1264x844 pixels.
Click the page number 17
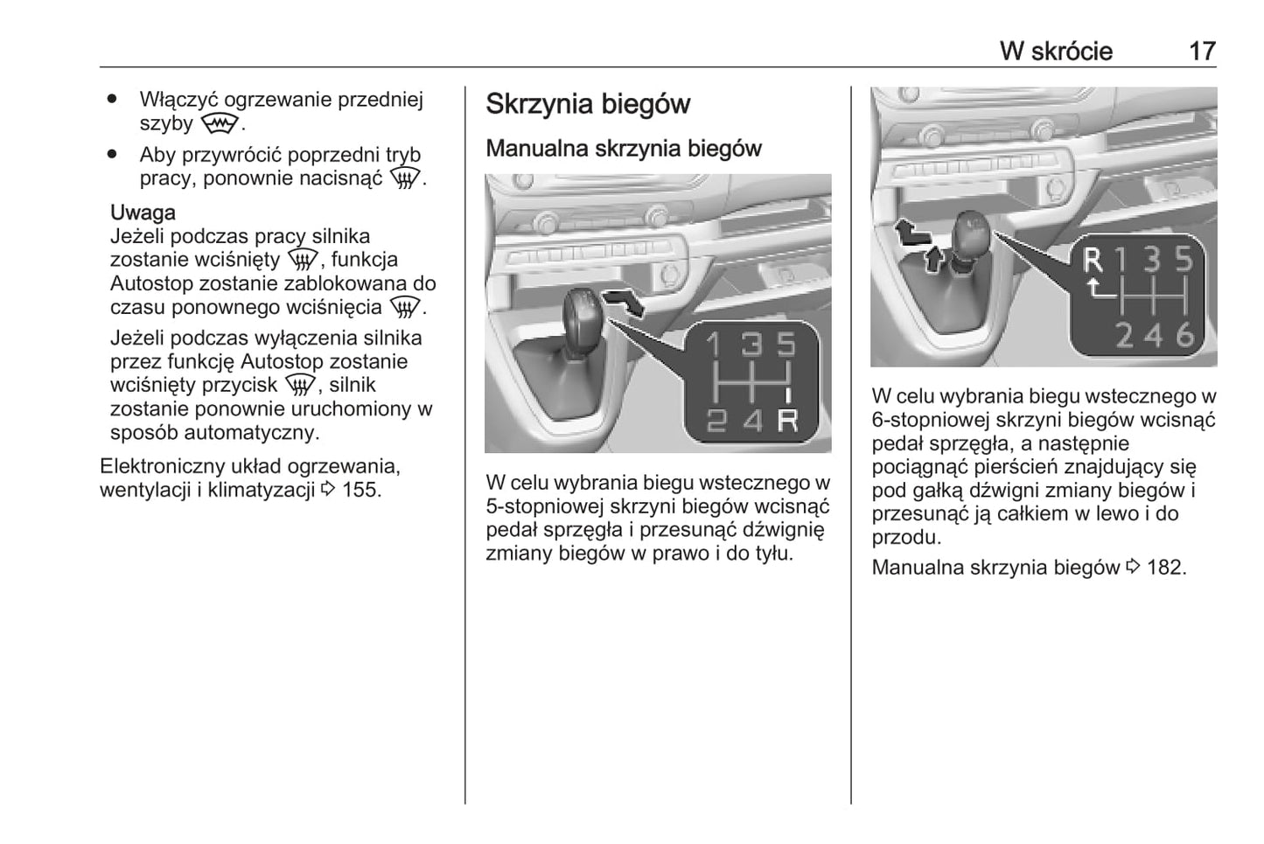pyautogui.click(x=1202, y=52)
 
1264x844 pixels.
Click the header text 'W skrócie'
pyautogui.click(x=1056, y=52)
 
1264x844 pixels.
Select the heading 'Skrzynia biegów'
pyautogui.click(x=588, y=104)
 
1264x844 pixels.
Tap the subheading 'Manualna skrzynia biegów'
pyautogui.click(x=624, y=149)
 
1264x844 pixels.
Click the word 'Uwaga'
pyautogui.click(x=143, y=213)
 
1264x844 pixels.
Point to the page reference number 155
pyautogui.click(x=361, y=490)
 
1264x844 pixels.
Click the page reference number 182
pyautogui.click(x=1166, y=568)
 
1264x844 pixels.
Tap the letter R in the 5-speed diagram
pyautogui.click(x=787, y=421)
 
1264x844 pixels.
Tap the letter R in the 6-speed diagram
pyautogui.click(x=1093, y=262)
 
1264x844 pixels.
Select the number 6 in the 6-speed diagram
pyautogui.click(x=1184, y=334)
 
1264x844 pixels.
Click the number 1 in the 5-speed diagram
pyautogui.click(x=713, y=345)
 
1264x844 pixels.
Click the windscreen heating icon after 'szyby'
pyautogui.click(x=218, y=124)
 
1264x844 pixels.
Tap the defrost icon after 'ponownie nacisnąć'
pyautogui.click(x=405, y=179)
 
